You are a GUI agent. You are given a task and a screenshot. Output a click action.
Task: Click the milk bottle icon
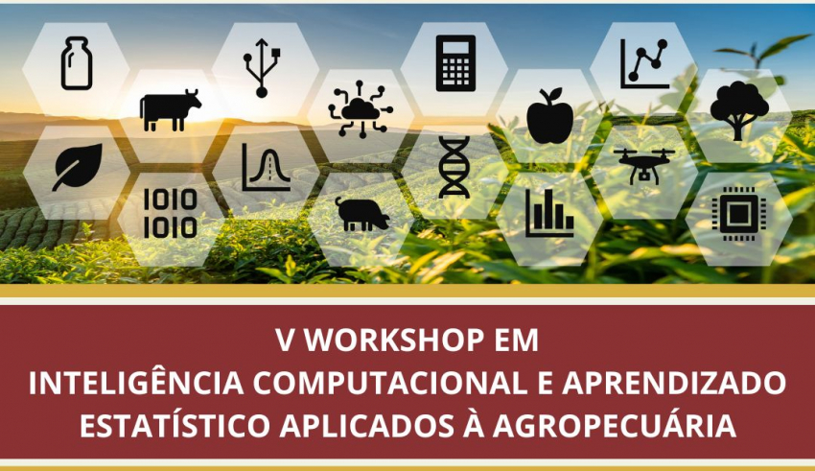77,63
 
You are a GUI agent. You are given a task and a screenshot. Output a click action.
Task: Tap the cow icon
170,109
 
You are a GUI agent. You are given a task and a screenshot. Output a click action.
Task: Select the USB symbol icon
262,67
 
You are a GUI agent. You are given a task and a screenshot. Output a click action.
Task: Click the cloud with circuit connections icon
361,108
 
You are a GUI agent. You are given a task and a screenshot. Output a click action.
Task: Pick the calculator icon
455,63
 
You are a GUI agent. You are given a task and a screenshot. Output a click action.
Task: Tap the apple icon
550,115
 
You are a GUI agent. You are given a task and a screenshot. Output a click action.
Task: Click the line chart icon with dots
644,64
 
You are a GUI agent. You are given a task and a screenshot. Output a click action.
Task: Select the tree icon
739,110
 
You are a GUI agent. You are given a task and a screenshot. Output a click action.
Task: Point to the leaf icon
77,167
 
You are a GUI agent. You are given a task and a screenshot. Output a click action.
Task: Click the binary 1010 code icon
171,213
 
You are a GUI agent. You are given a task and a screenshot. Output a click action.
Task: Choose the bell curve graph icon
267,167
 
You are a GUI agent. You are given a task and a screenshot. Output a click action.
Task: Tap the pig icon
361,214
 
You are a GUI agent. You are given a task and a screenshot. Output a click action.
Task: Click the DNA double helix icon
454,167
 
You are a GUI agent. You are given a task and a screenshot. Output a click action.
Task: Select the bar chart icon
549,214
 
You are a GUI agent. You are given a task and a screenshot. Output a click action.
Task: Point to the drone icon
644,166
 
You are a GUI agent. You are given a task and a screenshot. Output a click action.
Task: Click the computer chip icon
738,214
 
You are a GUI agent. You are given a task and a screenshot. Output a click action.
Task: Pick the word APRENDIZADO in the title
674,383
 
